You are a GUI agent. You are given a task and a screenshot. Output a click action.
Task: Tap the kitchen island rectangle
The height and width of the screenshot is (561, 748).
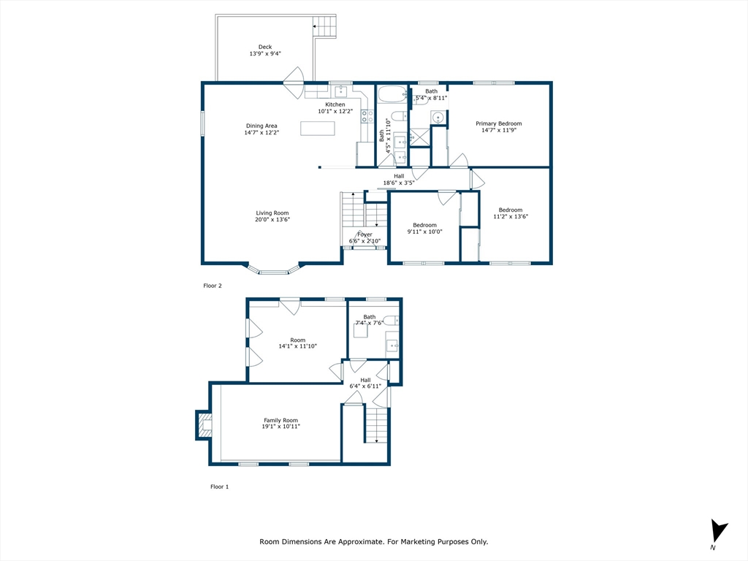(318, 129)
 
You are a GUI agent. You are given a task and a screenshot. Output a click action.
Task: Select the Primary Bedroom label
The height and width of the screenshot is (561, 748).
(499, 123)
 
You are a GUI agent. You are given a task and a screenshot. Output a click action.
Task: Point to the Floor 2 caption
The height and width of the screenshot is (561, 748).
(212, 286)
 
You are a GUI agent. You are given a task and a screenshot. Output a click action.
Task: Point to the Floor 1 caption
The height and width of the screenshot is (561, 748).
(219, 486)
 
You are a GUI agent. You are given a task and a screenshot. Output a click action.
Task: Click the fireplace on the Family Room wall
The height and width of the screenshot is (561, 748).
(204, 425)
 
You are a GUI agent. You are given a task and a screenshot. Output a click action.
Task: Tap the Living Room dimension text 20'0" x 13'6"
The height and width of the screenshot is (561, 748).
(272, 220)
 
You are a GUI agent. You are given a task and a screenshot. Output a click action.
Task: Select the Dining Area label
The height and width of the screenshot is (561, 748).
(262, 126)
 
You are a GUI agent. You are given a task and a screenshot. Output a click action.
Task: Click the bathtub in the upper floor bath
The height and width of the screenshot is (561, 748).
(393, 94)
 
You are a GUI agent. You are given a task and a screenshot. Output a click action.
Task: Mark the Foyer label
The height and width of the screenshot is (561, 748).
(365, 234)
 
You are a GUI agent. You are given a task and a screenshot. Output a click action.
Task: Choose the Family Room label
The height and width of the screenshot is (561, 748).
(281, 420)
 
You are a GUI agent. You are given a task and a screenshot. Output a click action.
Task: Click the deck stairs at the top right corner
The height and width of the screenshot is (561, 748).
(325, 28)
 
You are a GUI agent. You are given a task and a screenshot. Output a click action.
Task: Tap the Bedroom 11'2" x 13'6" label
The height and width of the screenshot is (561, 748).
(510, 210)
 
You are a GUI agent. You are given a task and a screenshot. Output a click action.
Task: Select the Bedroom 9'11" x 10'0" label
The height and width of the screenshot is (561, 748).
(424, 225)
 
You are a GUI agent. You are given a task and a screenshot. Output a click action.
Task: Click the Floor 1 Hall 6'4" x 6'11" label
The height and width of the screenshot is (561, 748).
(365, 380)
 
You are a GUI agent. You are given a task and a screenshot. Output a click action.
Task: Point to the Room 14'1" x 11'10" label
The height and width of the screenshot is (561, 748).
(297, 340)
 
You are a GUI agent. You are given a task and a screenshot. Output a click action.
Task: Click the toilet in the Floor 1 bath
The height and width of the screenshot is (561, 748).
(392, 320)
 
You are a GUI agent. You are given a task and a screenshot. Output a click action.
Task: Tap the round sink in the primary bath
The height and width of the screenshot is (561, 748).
(438, 117)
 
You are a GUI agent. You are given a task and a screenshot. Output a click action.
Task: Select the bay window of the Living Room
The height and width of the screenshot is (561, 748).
(273, 271)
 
